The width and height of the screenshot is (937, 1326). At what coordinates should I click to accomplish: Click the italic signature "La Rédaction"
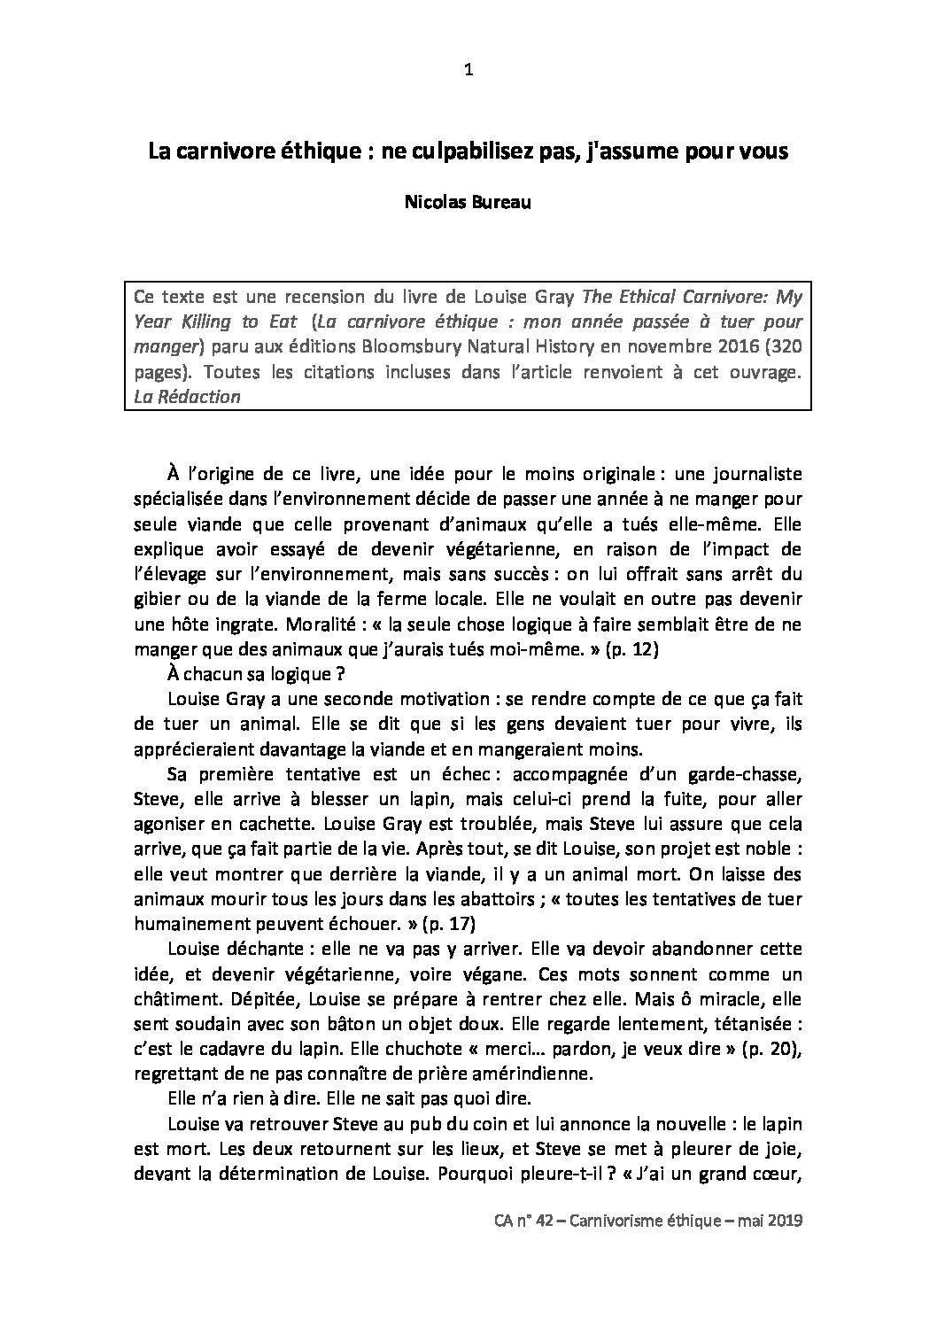(187, 397)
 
